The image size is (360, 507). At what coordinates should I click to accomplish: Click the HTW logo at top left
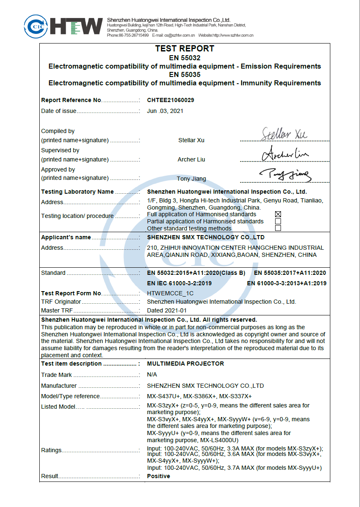click(x=63, y=26)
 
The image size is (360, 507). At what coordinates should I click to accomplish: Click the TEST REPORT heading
click(x=184, y=49)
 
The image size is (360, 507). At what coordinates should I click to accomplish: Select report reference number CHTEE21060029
click(x=171, y=100)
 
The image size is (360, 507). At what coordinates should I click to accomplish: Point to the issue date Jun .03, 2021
click(x=165, y=111)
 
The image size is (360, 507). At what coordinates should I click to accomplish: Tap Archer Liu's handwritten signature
click(x=285, y=153)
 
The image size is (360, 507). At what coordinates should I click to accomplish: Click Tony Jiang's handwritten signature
click(x=284, y=174)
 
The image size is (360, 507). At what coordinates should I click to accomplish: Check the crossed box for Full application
click(x=278, y=214)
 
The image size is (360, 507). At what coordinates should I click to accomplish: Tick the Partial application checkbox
click(x=278, y=221)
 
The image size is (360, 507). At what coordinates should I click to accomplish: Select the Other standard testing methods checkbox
click(x=278, y=228)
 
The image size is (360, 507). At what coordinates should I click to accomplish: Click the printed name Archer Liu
click(x=191, y=159)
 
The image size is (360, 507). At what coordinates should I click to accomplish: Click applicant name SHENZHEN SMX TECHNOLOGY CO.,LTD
click(x=206, y=237)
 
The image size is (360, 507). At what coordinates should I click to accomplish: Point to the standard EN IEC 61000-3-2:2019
click(x=179, y=283)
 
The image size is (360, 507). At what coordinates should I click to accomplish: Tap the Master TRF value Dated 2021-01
click(x=167, y=311)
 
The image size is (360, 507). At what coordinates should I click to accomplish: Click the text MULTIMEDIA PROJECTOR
click(x=185, y=364)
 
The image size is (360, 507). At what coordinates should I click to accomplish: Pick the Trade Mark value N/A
click(x=152, y=375)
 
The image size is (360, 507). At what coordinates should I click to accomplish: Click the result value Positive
click(x=158, y=476)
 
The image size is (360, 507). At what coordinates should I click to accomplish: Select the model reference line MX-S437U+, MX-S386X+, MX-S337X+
click(x=199, y=396)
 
